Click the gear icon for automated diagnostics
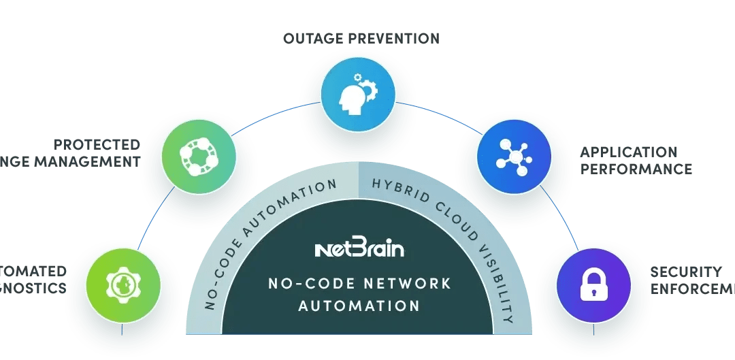(x=123, y=285)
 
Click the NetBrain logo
(x=360, y=249)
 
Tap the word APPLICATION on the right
(x=628, y=152)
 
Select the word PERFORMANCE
(x=636, y=168)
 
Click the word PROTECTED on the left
(x=97, y=145)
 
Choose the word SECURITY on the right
(x=685, y=272)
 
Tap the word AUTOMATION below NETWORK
(x=360, y=306)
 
